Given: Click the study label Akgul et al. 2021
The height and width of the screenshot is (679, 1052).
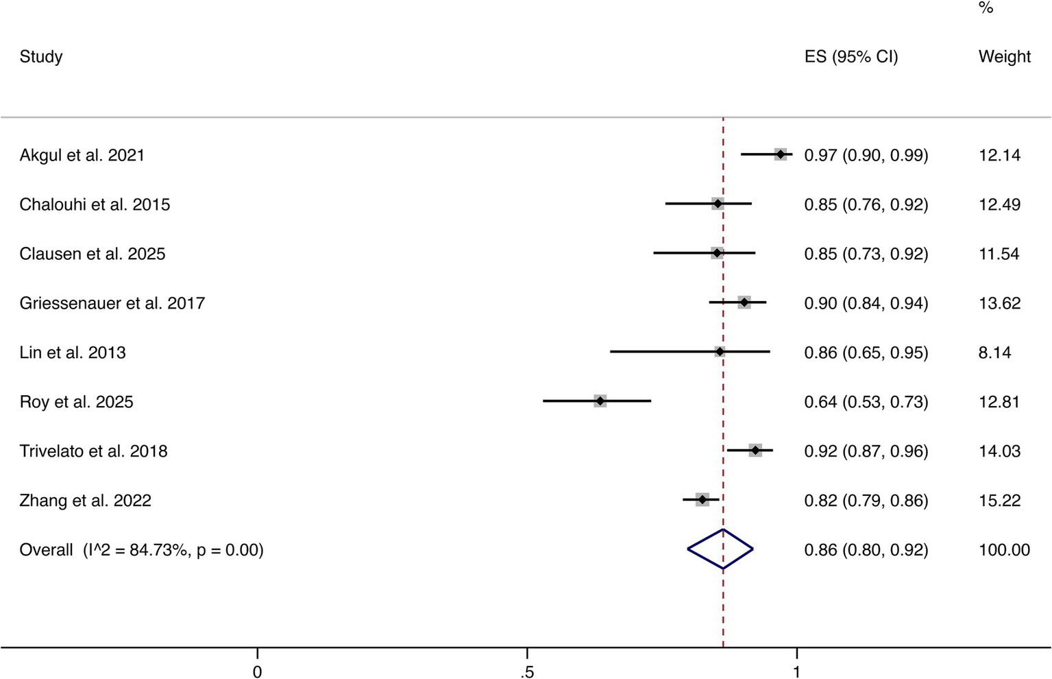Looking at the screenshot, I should point(82,155).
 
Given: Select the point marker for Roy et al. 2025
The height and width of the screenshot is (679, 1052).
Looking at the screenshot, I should point(600,401).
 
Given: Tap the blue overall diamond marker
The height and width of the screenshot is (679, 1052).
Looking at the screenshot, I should point(720,549).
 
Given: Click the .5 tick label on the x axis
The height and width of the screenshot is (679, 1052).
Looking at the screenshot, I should point(526,671).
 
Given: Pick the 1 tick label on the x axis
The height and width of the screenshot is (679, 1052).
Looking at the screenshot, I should point(796,671).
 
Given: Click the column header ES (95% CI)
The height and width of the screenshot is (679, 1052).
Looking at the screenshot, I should point(851,56).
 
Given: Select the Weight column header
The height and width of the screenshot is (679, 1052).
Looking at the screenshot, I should point(1004,56).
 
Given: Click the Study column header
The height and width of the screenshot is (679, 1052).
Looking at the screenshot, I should point(41,56).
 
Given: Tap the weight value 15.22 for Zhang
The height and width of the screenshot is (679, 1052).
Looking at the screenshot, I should point(999,501).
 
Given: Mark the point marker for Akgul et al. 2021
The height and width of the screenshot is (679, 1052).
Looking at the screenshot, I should point(781,154).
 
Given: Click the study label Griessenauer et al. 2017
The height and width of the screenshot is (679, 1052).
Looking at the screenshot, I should point(112,303).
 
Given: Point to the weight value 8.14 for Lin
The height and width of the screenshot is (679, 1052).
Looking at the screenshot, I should point(994,353).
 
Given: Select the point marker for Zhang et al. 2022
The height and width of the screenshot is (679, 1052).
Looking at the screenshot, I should point(702,500).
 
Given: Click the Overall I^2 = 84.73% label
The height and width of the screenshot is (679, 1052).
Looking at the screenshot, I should point(141,550).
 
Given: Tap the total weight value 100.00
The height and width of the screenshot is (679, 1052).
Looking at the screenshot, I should point(1004,550).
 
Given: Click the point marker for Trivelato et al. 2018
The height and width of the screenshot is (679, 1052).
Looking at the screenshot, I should point(755,451).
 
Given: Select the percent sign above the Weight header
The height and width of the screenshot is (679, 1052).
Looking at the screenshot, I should point(986,8).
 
